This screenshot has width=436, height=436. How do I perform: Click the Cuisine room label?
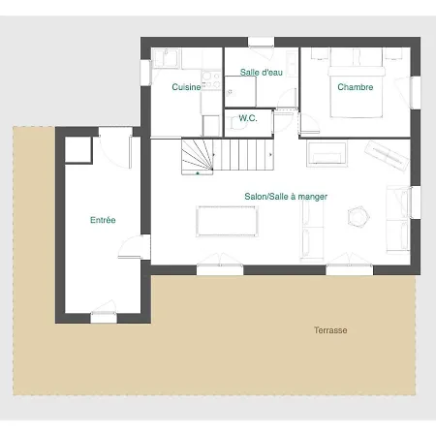pyautogui.click(x=186, y=87)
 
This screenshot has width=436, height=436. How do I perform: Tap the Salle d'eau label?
pyautogui.click(x=262, y=72)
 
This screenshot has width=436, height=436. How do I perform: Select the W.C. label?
pyautogui.click(x=248, y=118)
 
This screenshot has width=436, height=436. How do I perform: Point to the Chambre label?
pyautogui.click(x=356, y=87)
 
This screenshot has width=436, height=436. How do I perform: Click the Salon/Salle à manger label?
pyautogui.click(x=286, y=197)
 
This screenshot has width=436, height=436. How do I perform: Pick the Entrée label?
pyautogui.click(x=103, y=220)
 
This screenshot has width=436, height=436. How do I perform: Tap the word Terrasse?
pyautogui.click(x=330, y=330)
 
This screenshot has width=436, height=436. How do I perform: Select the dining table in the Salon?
pyautogui.click(x=227, y=221)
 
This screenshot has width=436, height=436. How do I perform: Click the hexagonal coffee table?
pyautogui.click(x=358, y=217)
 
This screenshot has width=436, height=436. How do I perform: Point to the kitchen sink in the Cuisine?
pyautogui.click(x=166, y=58)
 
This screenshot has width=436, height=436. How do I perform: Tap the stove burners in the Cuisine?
pyautogui.click(x=211, y=80)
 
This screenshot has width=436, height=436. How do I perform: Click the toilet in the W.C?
pyautogui.click(x=235, y=124)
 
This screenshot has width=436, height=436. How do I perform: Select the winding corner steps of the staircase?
pyautogui.click(x=197, y=157)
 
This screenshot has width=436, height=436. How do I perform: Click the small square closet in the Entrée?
pyautogui.click(x=78, y=149)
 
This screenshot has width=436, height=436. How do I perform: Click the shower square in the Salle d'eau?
pyautogui.click(x=240, y=91)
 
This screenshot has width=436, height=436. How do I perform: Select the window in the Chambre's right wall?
pyautogui.click(x=416, y=92)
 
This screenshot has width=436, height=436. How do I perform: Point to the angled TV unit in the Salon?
pyautogui.click(x=387, y=156)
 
